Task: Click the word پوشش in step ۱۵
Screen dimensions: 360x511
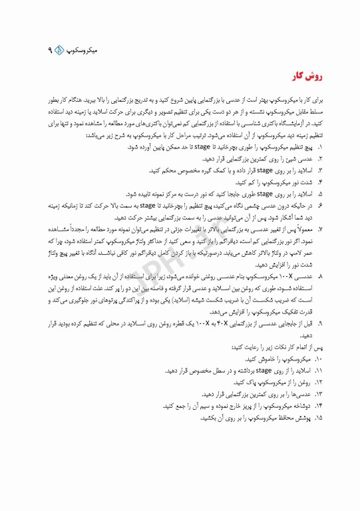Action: [x=301, y=418]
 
